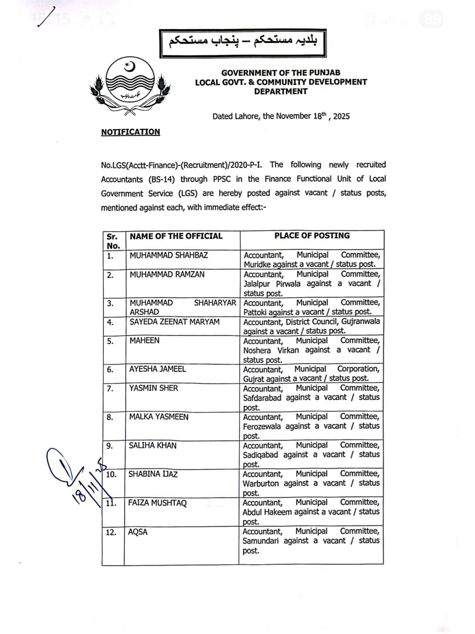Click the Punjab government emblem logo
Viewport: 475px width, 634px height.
pyautogui.click(x=130, y=87)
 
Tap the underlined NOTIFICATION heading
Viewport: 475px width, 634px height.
pyautogui.click(x=130, y=132)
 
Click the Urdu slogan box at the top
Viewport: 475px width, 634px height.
pyautogui.click(x=243, y=43)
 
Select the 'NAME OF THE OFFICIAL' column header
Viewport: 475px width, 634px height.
pyautogui.click(x=176, y=236)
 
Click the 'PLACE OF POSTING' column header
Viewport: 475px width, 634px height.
pyautogui.click(x=312, y=236)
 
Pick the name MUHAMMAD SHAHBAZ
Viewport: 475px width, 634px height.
pyautogui.click(x=169, y=255)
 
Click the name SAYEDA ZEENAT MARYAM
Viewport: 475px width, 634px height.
pyautogui.click(x=174, y=322)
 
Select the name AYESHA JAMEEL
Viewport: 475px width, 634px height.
pyautogui.click(x=158, y=369)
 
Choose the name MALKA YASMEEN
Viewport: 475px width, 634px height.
pyautogui.click(x=158, y=417)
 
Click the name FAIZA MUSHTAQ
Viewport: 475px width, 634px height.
pyautogui.click(x=157, y=503)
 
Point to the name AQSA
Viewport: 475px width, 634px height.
pyautogui.click(x=138, y=532)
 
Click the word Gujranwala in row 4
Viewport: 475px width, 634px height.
pyautogui.click(x=361, y=321)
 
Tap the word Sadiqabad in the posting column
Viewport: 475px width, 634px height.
pyautogui.click(x=260, y=455)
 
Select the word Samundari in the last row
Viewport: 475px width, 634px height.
pyautogui.click(x=261, y=541)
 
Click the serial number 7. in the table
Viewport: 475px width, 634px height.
pyautogui.click(x=110, y=388)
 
